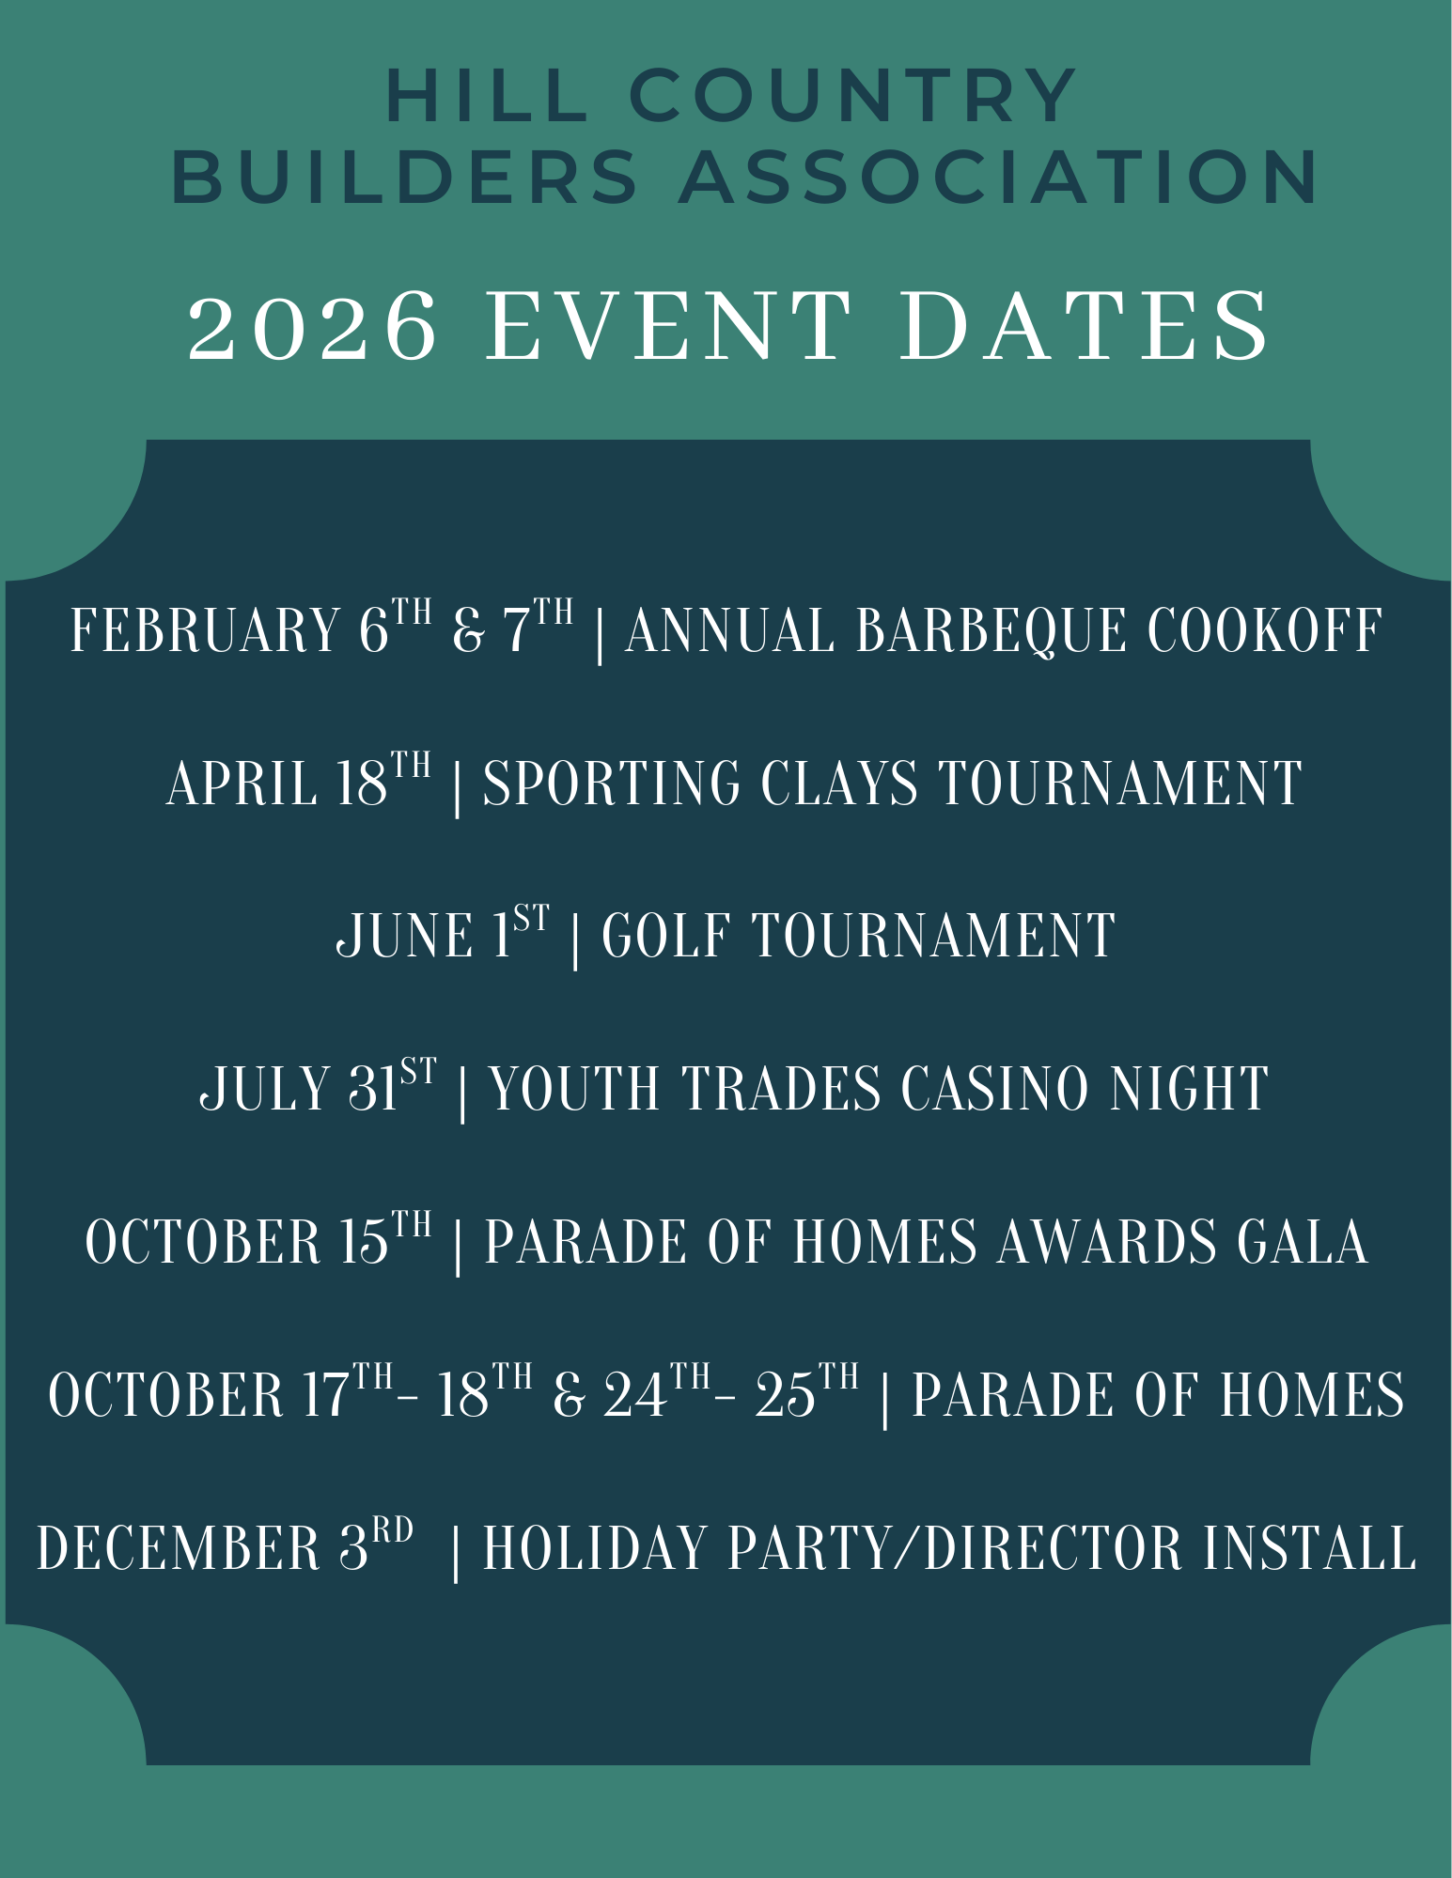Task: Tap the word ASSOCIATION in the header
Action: [x=998, y=177]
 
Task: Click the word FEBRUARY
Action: [x=206, y=629]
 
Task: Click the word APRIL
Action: [x=242, y=783]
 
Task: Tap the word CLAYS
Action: [x=838, y=783]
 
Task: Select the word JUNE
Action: [x=405, y=936]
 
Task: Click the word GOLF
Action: [x=665, y=936]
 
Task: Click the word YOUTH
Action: [x=574, y=1089]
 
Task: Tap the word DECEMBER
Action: [x=179, y=1548]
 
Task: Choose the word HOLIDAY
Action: [x=594, y=1548]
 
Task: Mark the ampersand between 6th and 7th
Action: [x=468, y=631]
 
